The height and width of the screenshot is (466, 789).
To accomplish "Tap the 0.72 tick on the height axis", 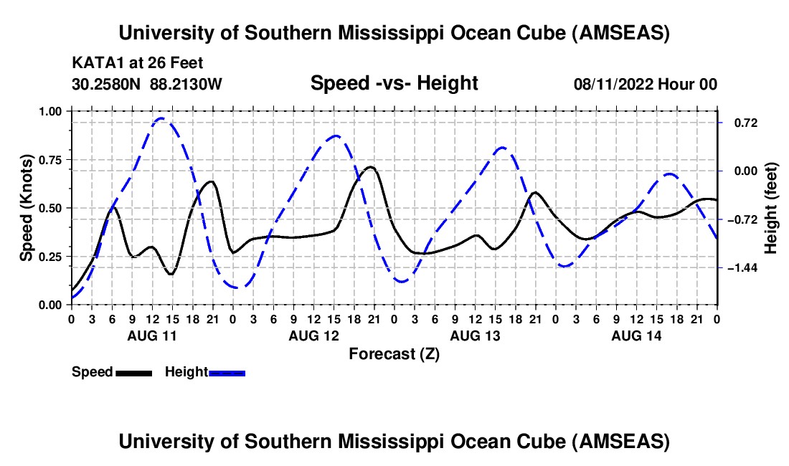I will pos(738,123).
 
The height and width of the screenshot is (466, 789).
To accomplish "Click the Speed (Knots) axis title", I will pos(27,208).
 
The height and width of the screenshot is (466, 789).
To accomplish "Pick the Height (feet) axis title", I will pos(771,208).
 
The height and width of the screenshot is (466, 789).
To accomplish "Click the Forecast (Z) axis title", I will pos(394,353).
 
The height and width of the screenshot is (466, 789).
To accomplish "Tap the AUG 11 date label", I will pos(152,336).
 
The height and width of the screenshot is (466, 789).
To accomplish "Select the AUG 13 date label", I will pos(474,336).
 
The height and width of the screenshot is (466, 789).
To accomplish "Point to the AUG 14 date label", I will pos(636,336).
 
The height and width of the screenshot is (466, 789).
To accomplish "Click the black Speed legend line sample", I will pos(133,373).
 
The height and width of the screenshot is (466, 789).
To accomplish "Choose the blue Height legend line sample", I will pos(227,373).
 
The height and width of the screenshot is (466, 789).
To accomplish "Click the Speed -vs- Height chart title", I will pos(394,84).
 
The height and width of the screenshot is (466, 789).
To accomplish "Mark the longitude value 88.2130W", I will pos(186,85).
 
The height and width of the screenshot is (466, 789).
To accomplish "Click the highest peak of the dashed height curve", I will pos(161,118).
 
